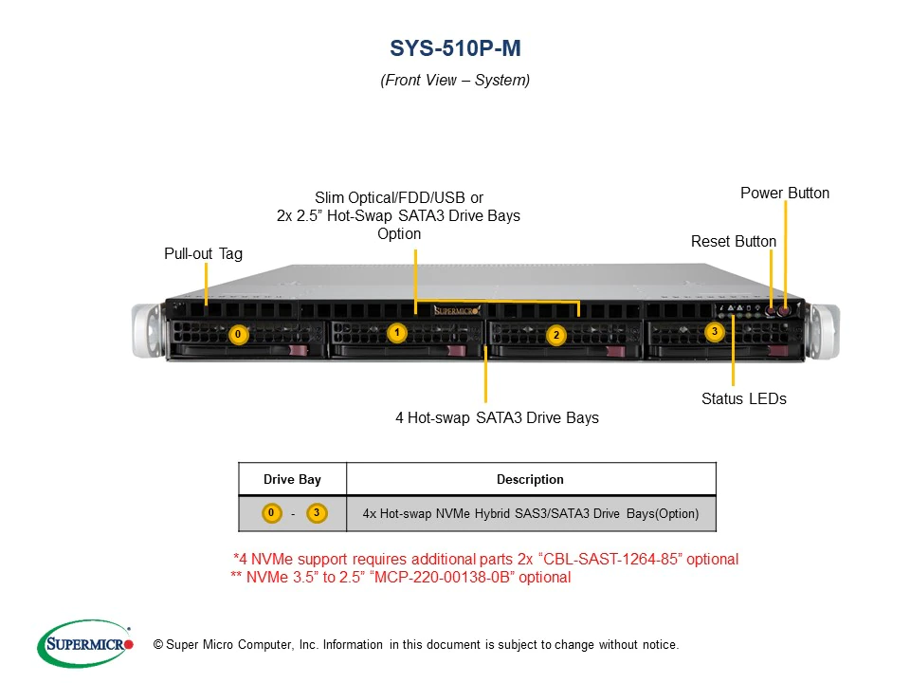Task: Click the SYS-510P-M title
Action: [x=455, y=48]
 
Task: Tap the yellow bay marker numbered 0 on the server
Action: [x=238, y=334]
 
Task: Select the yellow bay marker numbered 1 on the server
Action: [x=397, y=333]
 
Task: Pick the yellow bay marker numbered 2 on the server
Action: [x=556, y=335]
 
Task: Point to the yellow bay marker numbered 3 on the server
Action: [x=715, y=332]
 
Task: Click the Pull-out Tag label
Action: [x=203, y=254]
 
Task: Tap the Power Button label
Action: [x=785, y=193]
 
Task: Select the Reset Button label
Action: [x=734, y=241]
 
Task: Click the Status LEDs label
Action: [x=744, y=398]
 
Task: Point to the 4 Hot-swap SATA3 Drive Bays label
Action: [x=498, y=417]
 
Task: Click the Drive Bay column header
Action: [x=292, y=479]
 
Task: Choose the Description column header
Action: [x=530, y=479]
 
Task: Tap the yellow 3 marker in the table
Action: [x=317, y=513]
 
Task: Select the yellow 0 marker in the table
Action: [x=271, y=513]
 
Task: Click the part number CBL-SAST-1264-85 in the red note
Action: [x=611, y=559]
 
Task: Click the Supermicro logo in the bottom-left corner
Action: [x=85, y=643]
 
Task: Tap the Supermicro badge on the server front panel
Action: [x=457, y=311]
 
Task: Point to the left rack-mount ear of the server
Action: [x=147, y=330]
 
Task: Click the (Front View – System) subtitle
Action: [x=455, y=80]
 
